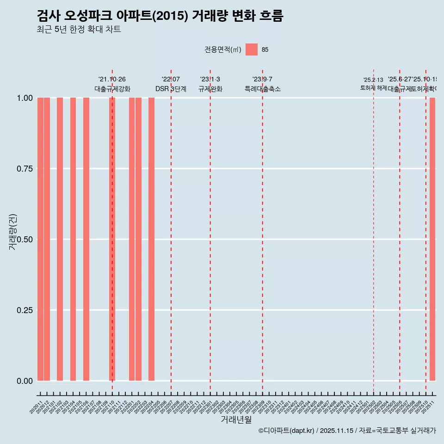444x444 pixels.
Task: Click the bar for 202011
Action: [40, 239]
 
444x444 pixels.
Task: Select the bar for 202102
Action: [60, 239]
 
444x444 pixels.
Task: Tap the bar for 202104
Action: [73, 239]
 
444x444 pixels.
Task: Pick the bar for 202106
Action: [86, 239]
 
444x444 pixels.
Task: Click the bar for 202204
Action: [151, 239]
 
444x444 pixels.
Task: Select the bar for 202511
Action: [432, 239]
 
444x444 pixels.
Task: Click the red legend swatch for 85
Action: [252, 49]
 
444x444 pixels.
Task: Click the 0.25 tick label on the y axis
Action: [25, 310]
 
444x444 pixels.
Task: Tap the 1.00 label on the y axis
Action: [25, 98]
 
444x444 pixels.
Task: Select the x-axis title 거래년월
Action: [236, 420]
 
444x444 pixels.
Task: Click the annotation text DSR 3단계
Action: [171, 89]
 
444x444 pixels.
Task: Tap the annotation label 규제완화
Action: [210, 89]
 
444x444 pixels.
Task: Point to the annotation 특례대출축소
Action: [263, 89]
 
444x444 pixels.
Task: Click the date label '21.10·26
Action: [112, 79]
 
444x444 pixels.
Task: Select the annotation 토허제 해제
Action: [373, 88]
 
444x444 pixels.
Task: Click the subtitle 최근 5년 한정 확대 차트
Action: [79, 30]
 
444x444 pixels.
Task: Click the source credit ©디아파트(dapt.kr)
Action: [286, 431]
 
